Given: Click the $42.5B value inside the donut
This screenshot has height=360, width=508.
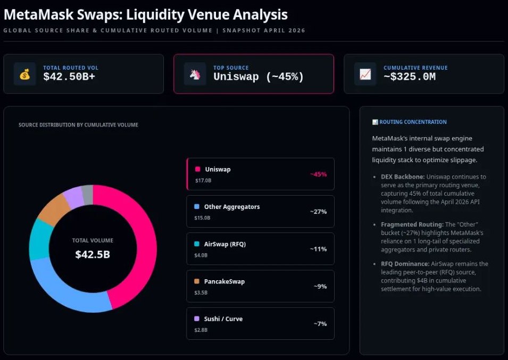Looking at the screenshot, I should coord(93,254).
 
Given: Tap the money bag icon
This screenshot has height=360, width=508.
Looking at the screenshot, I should coord(25,74).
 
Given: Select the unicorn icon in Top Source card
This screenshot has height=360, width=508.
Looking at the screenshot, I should coord(195,74).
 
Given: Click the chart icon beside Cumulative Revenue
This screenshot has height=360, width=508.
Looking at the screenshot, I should coord(365,74).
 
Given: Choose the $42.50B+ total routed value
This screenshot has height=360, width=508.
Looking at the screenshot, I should coord(69,77).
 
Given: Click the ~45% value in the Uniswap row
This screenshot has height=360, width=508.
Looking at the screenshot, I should coord(318,174).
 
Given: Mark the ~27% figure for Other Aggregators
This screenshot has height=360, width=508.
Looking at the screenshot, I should coord(318,212).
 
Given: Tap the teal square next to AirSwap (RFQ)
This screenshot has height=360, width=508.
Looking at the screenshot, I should coord(197,244).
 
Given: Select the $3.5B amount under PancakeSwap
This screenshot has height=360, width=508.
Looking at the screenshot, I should coord(202,292).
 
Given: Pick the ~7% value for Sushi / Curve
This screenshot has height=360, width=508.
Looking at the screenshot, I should coord(320,323).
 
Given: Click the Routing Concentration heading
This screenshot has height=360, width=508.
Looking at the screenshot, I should coord(413,122).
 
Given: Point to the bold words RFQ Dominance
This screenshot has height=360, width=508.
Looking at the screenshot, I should coord(404,264).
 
